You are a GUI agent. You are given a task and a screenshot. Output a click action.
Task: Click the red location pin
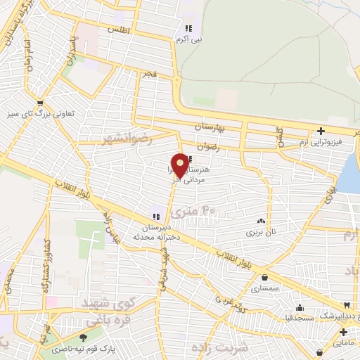pos(180,165)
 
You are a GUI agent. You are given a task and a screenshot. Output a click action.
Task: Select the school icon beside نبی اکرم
pos(188,28)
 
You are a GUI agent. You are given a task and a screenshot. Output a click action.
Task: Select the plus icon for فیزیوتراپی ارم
pos(321,130)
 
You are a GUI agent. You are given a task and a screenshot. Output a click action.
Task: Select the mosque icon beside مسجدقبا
pos(300,307)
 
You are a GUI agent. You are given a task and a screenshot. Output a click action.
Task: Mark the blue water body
pos(349,172)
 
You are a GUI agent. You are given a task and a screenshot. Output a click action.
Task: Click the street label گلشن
pos(278,136)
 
